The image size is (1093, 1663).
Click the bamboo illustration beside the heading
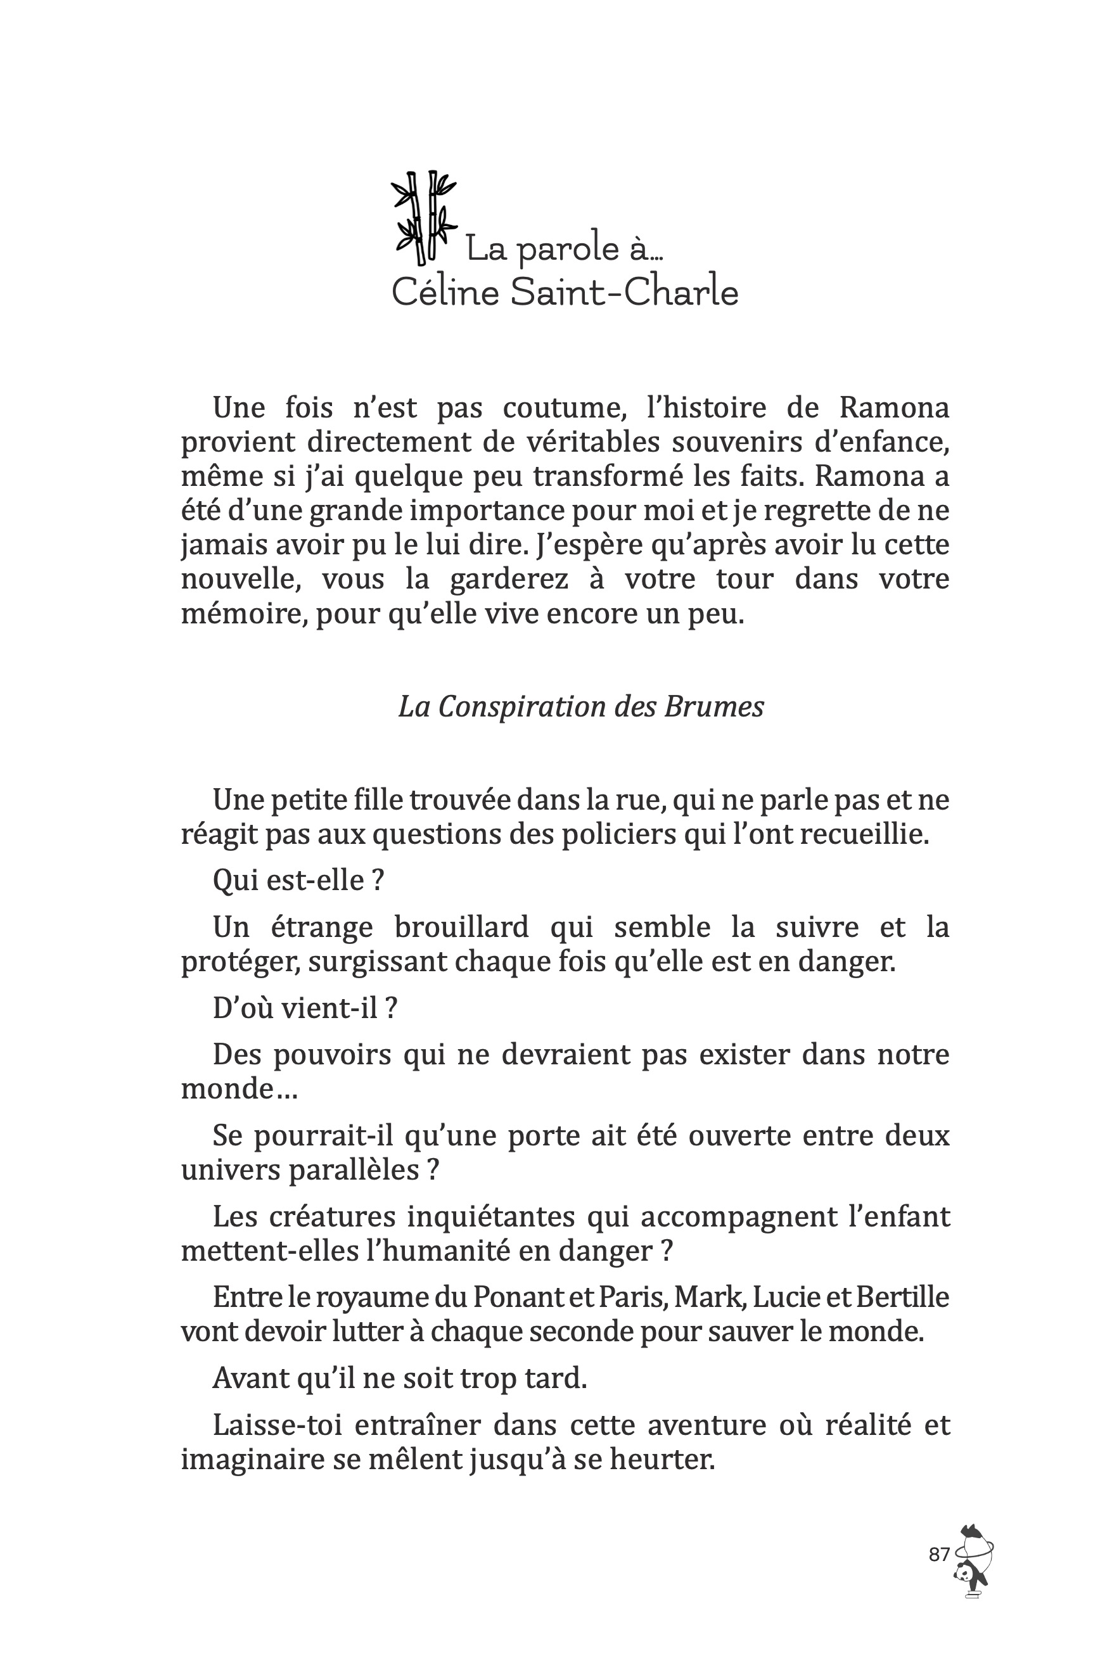(x=423, y=217)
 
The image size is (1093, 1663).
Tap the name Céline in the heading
(x=445, y=292)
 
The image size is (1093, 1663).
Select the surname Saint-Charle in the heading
(x=623, y=292)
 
